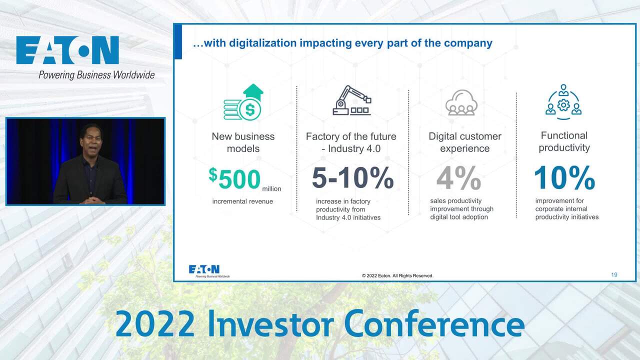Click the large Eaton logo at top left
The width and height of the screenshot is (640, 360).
click(67, 50)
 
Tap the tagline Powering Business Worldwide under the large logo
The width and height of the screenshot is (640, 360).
click(96, 75)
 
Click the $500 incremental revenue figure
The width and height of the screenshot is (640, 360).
click(234, 178)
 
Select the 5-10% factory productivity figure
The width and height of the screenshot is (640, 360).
click(353, 177)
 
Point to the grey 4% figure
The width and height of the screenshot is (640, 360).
click(458, 177)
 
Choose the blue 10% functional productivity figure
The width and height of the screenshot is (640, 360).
click(564, 177)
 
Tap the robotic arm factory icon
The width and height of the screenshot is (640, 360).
click(352, 100)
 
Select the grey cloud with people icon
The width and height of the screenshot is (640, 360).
click(461, 102)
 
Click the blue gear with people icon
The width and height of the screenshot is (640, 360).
click(563, 102)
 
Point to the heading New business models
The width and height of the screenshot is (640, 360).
click(243, 142)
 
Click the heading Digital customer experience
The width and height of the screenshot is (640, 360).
click(465, 142)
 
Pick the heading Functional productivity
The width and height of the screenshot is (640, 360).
click(564, 141)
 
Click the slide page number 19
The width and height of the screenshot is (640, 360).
click(614, 274)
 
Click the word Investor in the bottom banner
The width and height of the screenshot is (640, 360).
click(270, 324)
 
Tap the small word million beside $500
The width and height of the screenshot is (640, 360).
click(271, 189)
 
